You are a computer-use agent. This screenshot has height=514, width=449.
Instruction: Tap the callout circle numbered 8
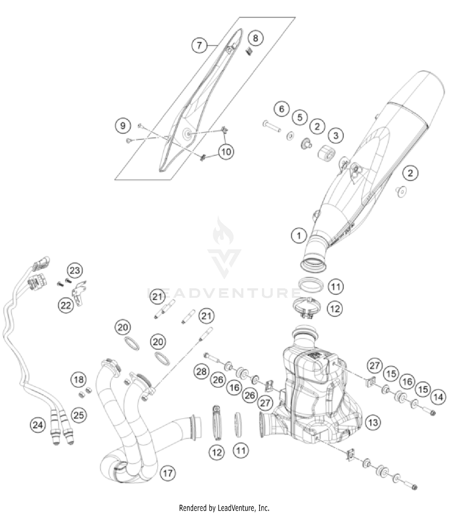tap(255, 38)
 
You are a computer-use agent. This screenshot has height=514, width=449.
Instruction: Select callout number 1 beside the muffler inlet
tap(299, 236)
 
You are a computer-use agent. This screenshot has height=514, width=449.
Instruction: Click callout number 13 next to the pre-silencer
tap(373, 423)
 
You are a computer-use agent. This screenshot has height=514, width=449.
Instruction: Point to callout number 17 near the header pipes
tap(168, 473)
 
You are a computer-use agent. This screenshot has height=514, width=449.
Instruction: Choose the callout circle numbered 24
tap(38, 425)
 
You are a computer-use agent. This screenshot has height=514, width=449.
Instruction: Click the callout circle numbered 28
tap(201, 372)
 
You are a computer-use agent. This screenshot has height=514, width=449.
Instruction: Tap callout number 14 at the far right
tap(438, 397)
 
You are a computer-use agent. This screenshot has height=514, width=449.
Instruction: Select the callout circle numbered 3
tap(336, 136)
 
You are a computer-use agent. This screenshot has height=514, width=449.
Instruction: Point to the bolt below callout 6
tap(272, 126)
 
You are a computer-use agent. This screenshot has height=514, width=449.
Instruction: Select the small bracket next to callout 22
tap(80, 293)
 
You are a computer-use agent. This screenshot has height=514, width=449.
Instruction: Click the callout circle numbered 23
tap(75, 270)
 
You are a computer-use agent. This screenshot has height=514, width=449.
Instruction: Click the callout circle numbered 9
tap(123, 125)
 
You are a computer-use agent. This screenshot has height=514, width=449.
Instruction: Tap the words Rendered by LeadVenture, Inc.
tap(224, 508)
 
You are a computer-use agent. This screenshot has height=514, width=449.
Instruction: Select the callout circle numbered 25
tap(78, 415)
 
